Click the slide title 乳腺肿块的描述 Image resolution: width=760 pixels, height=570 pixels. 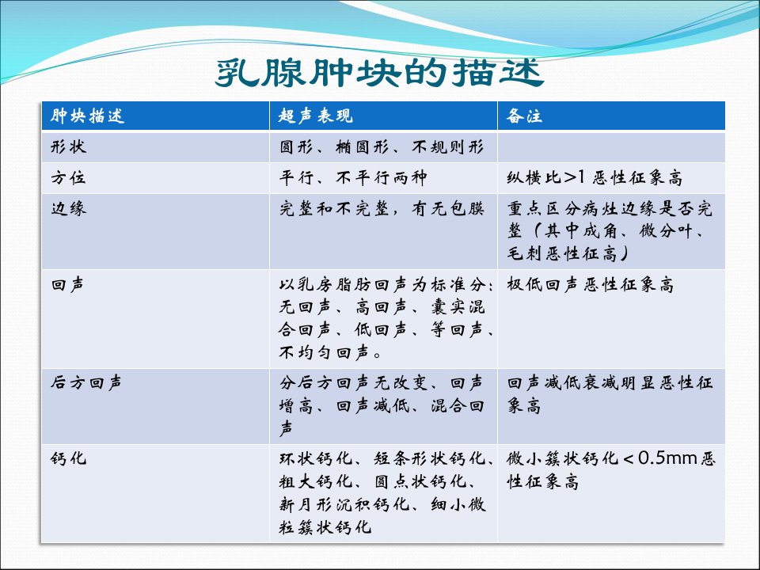[379, 73]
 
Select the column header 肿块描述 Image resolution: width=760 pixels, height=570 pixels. [87, 116]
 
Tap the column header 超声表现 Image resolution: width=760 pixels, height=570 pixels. [316, 116]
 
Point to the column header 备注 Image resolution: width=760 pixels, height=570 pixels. [524, 116]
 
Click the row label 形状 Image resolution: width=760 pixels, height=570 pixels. [68, 146]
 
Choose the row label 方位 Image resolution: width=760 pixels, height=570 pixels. [68, 177]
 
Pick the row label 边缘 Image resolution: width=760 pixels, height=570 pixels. [68, 208]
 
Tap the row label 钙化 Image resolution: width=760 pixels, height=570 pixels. [68, 458]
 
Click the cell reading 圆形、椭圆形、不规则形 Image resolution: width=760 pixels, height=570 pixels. [381, 146]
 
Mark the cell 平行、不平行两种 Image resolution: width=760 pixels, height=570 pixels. [353, 177]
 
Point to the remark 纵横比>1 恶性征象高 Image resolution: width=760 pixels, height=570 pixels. [595, 177]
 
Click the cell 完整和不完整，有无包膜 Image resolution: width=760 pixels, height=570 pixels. [381, 208]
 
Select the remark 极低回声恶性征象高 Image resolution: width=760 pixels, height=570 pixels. [591, 284]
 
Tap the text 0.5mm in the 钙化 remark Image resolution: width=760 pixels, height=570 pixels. [667, 458]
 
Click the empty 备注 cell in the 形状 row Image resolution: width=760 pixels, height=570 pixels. [611, 147]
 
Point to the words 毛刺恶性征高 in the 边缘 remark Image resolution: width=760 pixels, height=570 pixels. [562, 253]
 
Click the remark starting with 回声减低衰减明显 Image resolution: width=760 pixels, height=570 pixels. [610, 393]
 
